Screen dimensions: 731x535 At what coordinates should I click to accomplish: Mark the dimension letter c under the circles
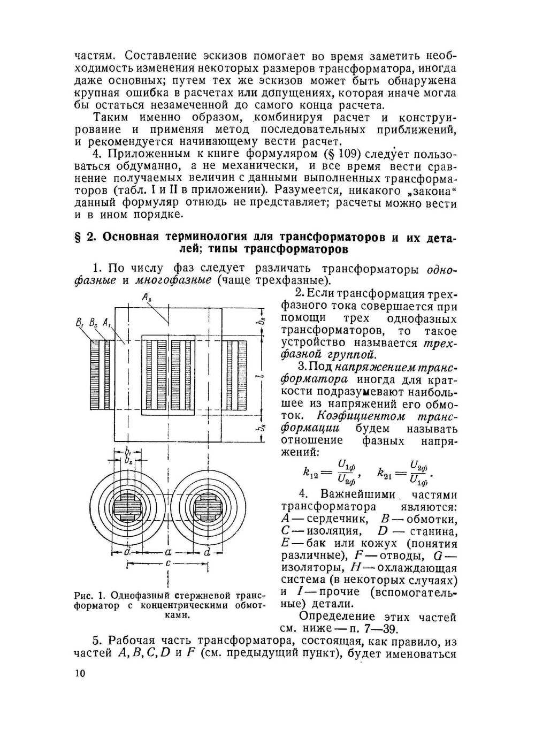(168, 564)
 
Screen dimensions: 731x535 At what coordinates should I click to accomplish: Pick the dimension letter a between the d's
(167, 551)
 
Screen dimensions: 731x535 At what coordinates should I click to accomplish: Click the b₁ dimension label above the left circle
(128, 450)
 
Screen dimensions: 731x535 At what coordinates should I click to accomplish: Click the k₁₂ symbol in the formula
(310, 473)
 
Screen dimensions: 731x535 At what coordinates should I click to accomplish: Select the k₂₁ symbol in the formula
(385, 473)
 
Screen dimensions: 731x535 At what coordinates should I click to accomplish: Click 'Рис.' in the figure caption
(83, 596)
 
